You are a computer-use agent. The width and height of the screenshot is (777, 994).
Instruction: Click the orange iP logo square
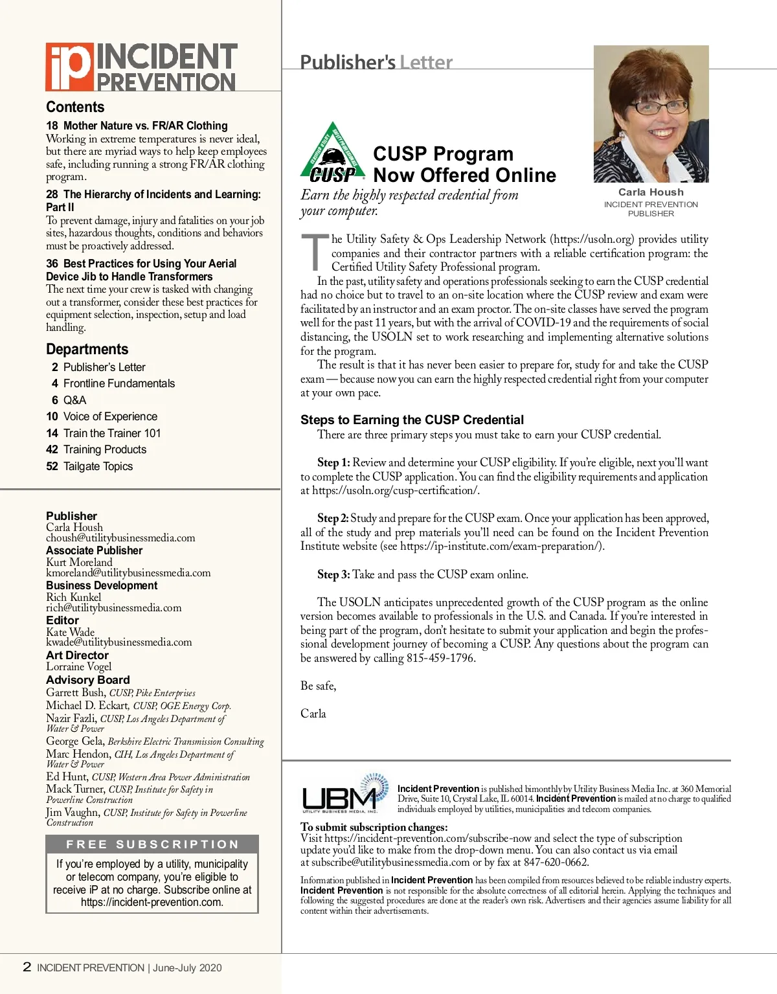tap(69, 66)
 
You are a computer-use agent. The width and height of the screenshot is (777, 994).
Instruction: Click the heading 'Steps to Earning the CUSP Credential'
tap(412, 420)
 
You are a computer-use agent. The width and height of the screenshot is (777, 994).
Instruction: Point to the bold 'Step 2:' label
tap(333, 518)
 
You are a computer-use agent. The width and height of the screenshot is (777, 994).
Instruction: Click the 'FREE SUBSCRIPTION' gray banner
tap(152, 844)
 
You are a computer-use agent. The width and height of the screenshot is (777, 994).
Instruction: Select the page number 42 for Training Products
tap(52, 449)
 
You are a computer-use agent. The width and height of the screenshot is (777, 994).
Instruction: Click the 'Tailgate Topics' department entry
tap(98, 466)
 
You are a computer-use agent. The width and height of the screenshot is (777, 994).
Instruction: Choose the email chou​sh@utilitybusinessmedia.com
tap(120, 538)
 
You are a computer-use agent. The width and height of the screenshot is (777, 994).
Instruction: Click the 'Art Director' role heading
tap(77, 655)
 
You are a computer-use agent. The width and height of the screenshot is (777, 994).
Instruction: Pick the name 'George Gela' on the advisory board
tap(74, 741)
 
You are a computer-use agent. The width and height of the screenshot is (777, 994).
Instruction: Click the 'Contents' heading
tap(75, 107)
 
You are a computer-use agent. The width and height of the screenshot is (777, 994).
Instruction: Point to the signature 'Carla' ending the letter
tap(313, 714)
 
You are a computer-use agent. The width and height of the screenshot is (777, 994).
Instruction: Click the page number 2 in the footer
tap(27, 967)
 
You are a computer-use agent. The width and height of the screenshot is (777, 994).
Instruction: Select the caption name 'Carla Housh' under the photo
tap(651, 192)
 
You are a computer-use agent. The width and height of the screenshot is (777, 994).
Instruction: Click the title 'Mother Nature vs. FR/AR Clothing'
tap(146, 126)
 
